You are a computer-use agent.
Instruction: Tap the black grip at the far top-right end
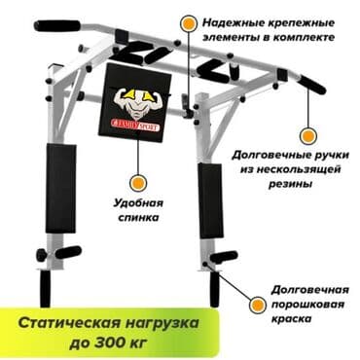coord(312,84)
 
